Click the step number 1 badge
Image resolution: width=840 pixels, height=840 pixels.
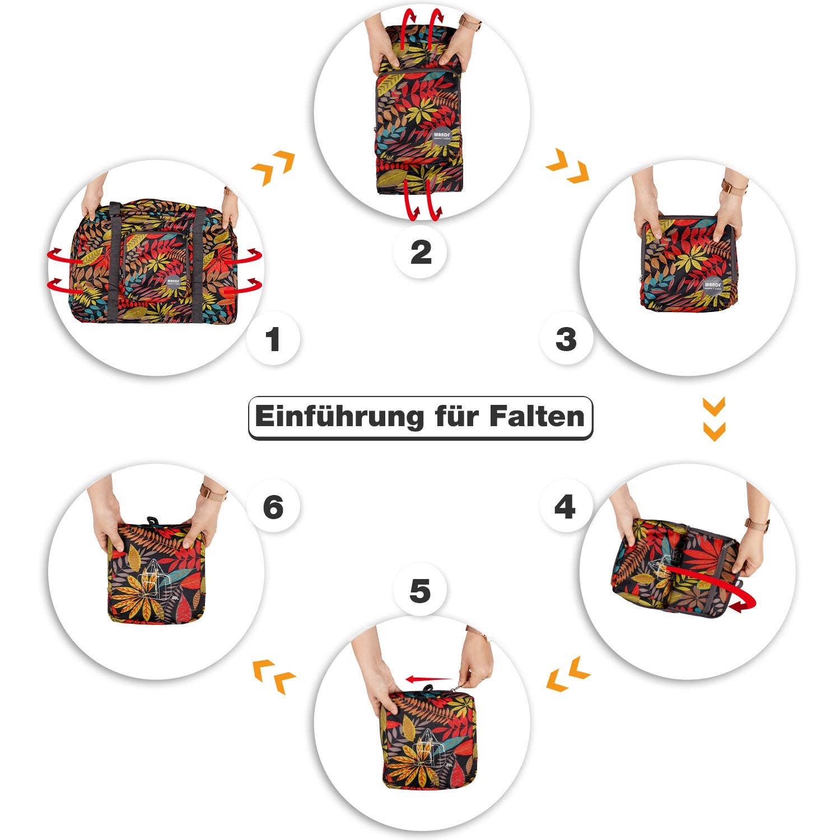273,339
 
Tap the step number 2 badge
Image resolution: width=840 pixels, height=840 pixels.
421,253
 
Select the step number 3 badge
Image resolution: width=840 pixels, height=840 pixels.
566,339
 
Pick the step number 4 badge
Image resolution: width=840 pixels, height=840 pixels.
564,507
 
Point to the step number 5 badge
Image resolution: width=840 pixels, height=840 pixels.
420,591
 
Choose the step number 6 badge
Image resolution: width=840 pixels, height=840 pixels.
273,507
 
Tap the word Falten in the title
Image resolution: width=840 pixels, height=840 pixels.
536,417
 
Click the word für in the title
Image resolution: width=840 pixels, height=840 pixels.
456,417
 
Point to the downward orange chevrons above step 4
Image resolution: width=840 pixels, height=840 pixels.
714,418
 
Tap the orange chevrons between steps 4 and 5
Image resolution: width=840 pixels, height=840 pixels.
567,673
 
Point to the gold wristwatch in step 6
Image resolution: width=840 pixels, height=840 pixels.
213,492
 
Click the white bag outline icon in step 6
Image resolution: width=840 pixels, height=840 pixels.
156,582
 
